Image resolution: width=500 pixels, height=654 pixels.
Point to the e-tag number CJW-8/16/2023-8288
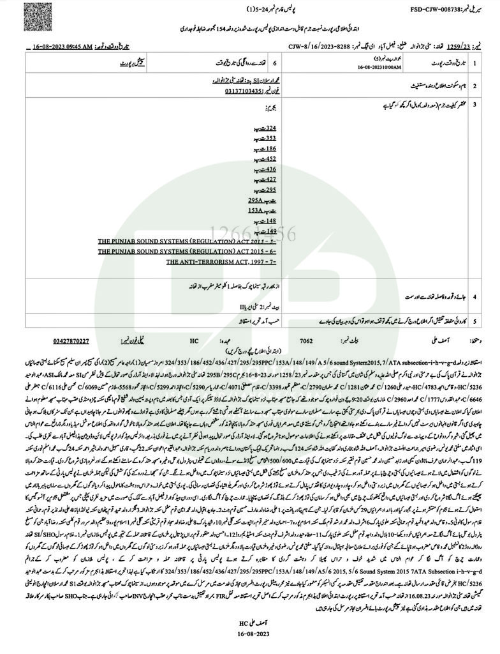point(318,47)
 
